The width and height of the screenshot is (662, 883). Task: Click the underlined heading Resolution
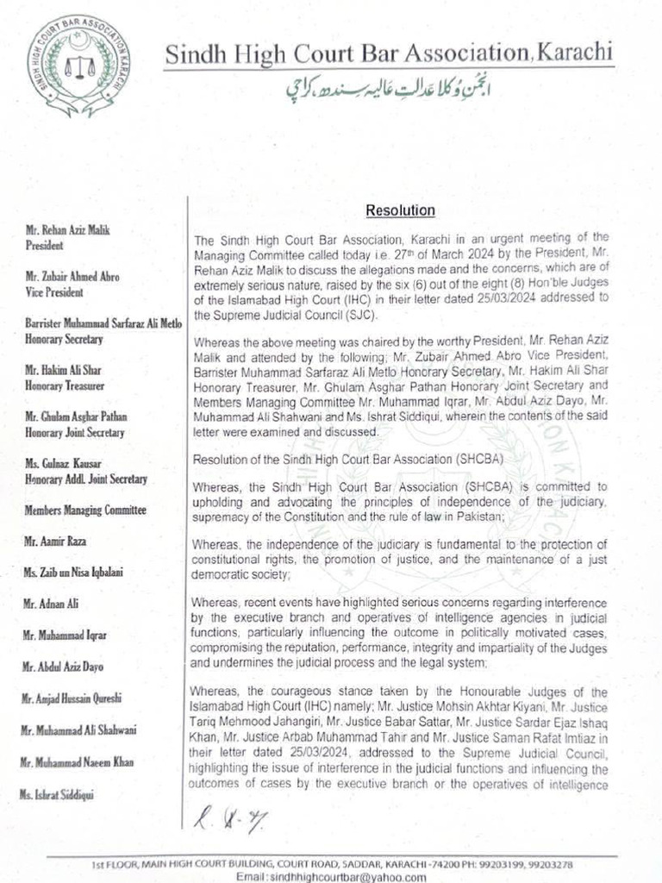click(400, 210)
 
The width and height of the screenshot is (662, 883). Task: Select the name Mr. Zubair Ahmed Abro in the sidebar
click(72, 277)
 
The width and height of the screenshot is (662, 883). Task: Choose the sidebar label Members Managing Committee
click(85, 510)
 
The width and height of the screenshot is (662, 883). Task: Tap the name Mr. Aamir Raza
click(56, 542)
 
